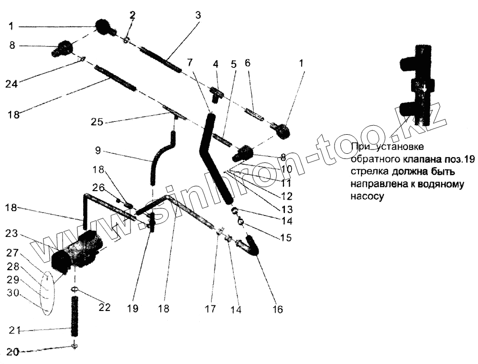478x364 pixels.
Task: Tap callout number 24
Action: coord(12,84)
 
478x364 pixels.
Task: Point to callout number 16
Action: coord(278,310)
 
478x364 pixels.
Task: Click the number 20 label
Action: coord(13,352)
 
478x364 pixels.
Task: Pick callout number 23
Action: coord(12,235)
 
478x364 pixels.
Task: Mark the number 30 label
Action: coord(12,293)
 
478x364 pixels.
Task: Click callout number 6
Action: coord(247,63)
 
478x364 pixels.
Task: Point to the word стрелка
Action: coord(367,171)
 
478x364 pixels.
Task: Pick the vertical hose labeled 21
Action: coord(75,317)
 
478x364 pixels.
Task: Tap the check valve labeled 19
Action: coord(153,221)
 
